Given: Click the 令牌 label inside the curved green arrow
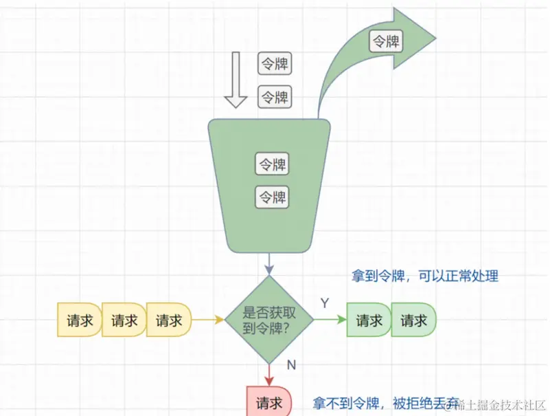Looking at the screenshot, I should pos(385,41).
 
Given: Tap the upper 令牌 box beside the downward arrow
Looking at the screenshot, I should pos(275,64).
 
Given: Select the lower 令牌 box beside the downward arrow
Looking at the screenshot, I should pos(275,97).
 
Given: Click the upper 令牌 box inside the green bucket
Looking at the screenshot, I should pos(272,164).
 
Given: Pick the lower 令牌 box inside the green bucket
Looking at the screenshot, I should pos(272,197).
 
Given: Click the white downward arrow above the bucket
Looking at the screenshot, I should pos(236,80).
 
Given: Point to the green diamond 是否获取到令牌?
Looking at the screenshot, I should pos(269,320).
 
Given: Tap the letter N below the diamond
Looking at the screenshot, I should pos(290,364).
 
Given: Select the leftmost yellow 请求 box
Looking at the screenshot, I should pos(79,320).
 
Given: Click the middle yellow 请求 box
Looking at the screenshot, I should pos(124,320).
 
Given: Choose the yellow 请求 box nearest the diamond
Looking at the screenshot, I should pos(169,320).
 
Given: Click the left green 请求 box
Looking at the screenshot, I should pos(369,320).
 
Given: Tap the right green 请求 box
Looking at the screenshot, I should pos(414,320).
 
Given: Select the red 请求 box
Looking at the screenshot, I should pos(268,402).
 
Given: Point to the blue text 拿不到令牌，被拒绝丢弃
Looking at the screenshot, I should pos(385,402).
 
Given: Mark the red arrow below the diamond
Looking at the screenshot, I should pos(269,375).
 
